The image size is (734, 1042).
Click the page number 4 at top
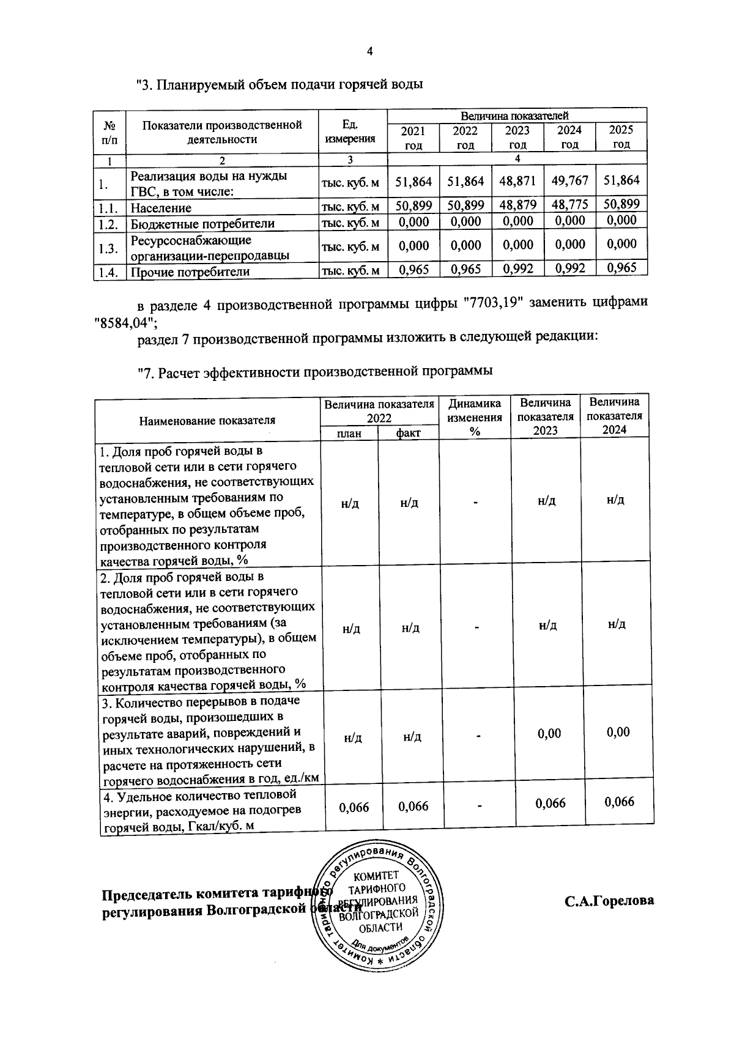[x=369, y=51]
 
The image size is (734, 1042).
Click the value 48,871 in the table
[x=517, y=182]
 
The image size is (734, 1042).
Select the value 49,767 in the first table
[x=569, y=181]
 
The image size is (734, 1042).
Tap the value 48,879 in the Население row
[x=517, y=205]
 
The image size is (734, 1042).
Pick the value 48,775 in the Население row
[x=569, y=204]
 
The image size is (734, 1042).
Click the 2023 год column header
[x=517, y=138]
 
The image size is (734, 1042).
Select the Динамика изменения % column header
[x=475, y=417]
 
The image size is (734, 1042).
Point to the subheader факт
[x=408, y=434]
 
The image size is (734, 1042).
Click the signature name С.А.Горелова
[x=609, y=901]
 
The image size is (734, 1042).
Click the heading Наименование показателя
[x=207, y=420]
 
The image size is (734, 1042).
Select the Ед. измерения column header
[x=350, y=131]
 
